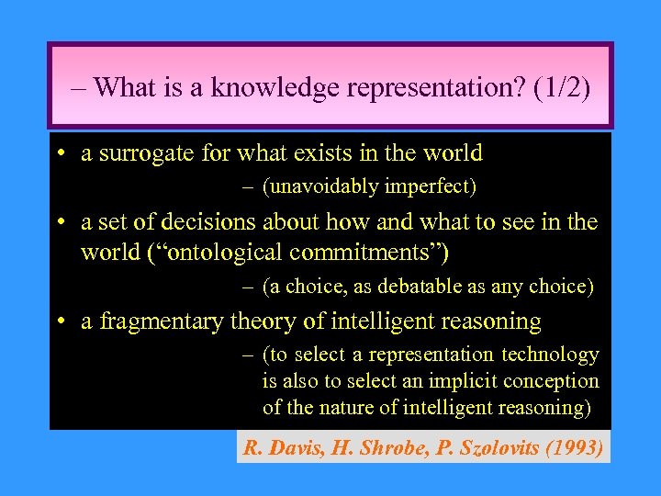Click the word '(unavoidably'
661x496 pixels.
point(319,187)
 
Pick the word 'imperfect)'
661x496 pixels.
point(430,187)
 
